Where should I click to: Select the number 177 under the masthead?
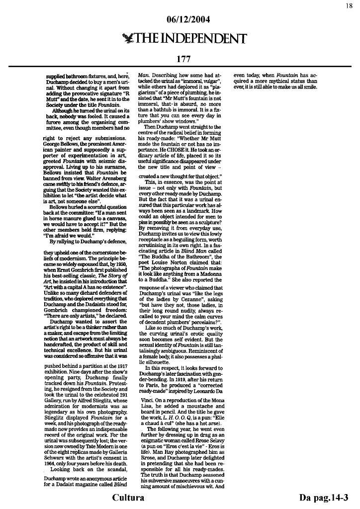pos(183,59)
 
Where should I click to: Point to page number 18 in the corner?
pos(349,5)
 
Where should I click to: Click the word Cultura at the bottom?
pos(128,498)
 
